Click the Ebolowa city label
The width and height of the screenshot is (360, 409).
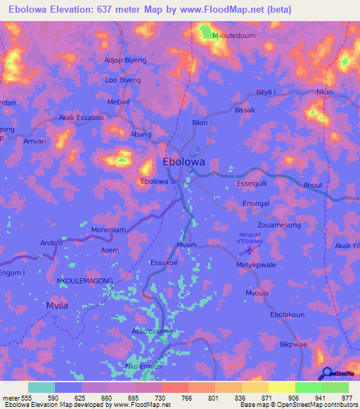pos(184,161)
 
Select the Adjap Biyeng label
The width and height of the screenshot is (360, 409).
pos(125,60)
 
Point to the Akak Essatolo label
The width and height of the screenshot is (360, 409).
pos(82,118)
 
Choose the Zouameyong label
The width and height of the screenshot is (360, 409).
pos(279,226)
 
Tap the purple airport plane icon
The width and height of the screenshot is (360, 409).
pos(247,251)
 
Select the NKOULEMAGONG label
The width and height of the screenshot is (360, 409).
pos(84,280)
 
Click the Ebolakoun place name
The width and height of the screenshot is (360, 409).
pos(287,315)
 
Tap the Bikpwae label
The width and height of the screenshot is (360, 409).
pos(294,345)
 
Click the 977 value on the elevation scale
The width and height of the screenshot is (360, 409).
pos(347,397)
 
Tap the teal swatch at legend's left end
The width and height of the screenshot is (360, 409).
pos(41,387)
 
